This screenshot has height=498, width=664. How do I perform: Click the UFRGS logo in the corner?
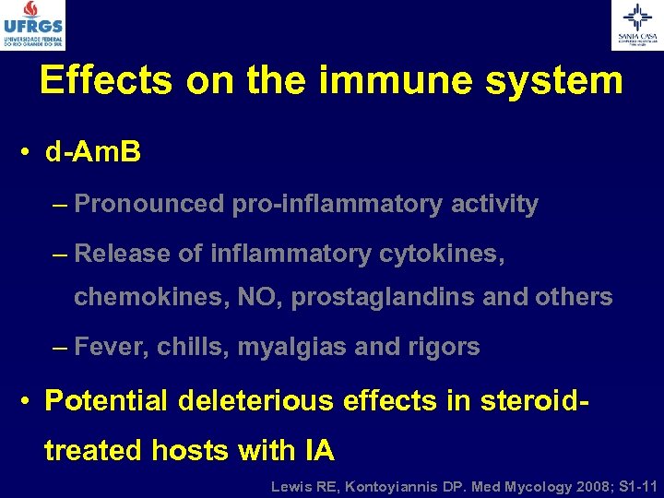click(x=33, y=25)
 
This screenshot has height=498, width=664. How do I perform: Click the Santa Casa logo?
click(x=637, y=25)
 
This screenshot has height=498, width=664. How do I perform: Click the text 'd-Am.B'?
click(x=93, y=152)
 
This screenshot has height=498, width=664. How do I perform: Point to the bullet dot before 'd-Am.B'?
click(x=27, y=153)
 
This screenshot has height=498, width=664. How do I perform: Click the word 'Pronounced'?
click(x=148, y=204)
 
